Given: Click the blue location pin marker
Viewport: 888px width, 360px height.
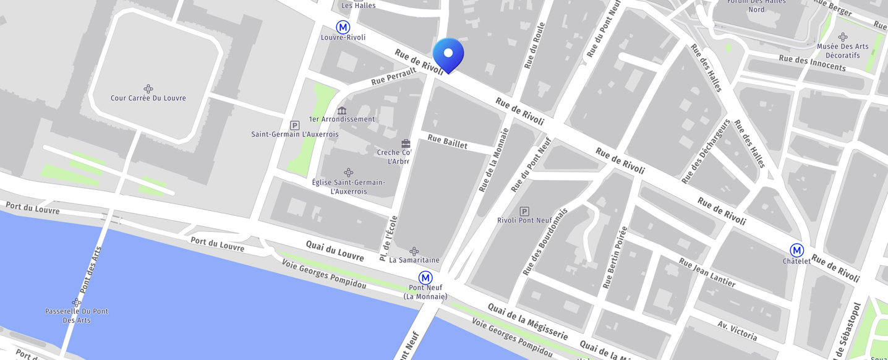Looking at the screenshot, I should click(448, 54).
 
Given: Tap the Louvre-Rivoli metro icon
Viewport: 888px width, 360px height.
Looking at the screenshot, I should click(343, 27).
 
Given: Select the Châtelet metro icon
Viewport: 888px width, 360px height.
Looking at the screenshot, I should click(796, 250).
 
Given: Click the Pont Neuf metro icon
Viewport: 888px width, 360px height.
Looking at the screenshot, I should click(425, 278).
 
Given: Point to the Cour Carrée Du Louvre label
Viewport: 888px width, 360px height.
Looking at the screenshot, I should click(148, 98).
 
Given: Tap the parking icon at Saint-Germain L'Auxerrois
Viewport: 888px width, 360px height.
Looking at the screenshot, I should click(294, 125).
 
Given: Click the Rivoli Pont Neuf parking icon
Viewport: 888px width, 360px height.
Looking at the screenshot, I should click(524, 211).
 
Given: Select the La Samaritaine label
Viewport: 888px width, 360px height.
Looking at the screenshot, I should click(414, 260).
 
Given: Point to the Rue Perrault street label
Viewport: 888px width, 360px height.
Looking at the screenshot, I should click(394, 77).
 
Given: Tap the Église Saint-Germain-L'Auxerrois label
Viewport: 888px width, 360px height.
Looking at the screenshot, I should click(349, 187).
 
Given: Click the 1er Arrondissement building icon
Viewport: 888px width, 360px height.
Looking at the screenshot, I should click(342, 111).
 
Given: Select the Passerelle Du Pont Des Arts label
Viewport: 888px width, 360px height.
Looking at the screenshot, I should click(77, 315).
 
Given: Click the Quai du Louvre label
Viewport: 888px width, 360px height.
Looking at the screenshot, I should click(335, 250).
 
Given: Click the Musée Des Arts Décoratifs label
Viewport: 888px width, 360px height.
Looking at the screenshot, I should click(842, 51).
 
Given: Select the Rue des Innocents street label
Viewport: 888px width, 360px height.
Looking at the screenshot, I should click(812, 62).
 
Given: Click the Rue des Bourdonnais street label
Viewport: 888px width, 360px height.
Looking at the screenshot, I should click(545, 241).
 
